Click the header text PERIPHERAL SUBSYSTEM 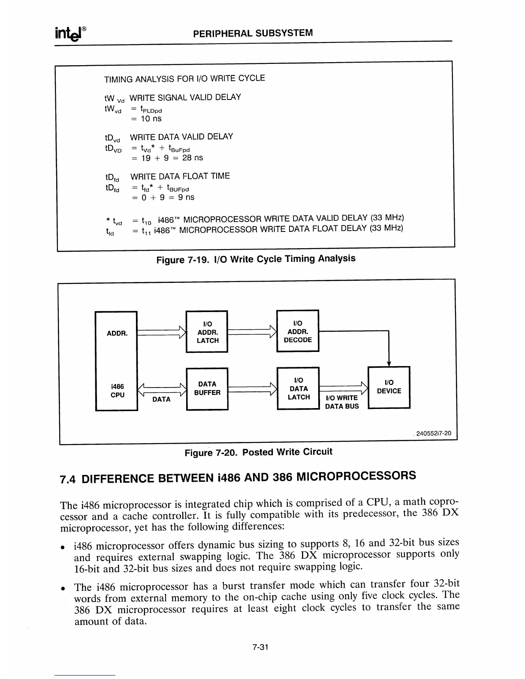pyautogui.click(x=253, y=33)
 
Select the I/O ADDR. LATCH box pyautogui.click(x=207, y=332)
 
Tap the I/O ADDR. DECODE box pyautogui.click(x=298, y=331)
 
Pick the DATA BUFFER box pyautogui.click(x=207, y=388)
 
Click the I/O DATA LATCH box pyautogui.click(x=298, y=388)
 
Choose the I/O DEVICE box pyautogui.click(x=389, y=387)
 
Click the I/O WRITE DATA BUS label pyautogui.click(x=341, y=402)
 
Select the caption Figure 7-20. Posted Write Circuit pyautogui.click(x=258, y=452)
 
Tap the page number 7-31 pyautogui.click(x=260, y=647)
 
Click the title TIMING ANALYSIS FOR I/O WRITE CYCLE pyautogui.click(x=184, y=78)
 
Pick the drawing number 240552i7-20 pyautogui.click(x=434, y=433)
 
